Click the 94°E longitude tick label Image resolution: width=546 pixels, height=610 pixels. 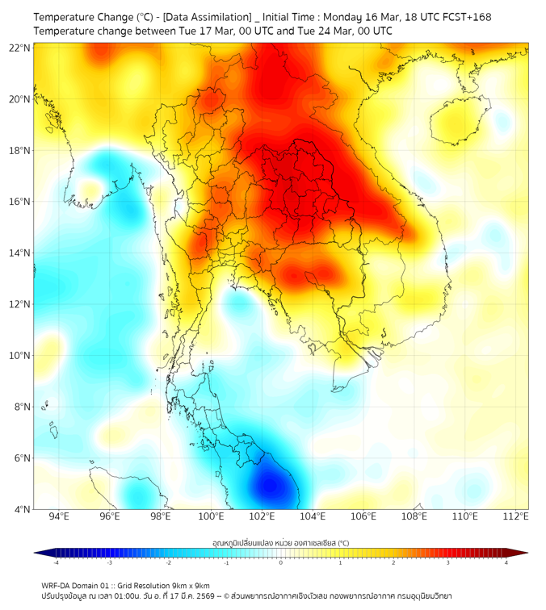[x=59, y=516]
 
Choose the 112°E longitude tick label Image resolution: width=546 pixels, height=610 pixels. [x=516, y=516]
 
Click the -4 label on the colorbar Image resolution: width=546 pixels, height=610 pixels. [x=56, y=562]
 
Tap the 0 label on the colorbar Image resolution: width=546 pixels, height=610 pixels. [x=281, y=562]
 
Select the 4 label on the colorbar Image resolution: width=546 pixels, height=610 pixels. [x=506, y=562]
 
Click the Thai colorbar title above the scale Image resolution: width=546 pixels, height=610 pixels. [x=280, y=543]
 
